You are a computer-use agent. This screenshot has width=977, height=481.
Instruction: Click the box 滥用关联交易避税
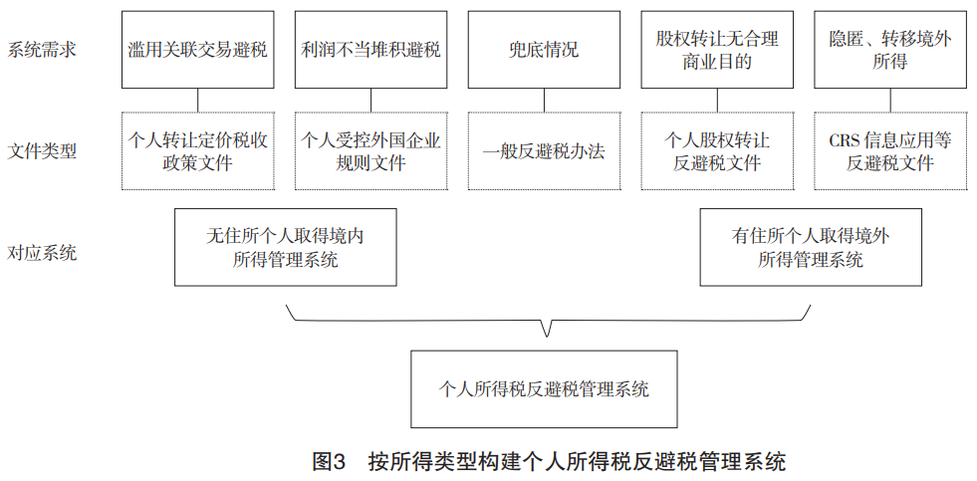pos(197,49)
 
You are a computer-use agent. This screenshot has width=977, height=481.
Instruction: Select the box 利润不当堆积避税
pos(370,49)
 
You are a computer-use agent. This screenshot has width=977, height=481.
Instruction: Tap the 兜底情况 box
pos(544,49)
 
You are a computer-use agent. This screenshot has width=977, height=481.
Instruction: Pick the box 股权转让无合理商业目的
pos(717,49)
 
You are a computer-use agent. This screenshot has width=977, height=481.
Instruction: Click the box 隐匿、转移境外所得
pos(890,49)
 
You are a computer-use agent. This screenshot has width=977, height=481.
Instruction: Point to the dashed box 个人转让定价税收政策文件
pos(197,150)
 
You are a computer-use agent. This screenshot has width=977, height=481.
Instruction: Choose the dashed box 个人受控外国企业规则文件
pos(370,150)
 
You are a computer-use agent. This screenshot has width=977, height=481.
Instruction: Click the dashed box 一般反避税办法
pos(544,150)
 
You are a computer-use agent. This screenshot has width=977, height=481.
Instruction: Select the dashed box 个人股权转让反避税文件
pos(717,150)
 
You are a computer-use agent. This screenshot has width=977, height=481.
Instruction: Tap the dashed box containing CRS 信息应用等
pos(890,150)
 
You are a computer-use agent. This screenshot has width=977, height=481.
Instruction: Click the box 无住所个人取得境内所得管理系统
pos(286,247)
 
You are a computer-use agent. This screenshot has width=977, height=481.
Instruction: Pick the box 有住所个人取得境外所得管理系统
pos(811,247)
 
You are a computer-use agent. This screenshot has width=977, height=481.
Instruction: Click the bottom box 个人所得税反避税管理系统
pos(544,388)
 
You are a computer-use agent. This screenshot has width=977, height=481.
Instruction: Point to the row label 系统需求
pos(42,49)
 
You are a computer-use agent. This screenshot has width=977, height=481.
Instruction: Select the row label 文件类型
pos(42,150)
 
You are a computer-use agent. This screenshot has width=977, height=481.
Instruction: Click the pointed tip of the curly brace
pos(547,337)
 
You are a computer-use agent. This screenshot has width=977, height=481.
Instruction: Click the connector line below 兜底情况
pos(544,101)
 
